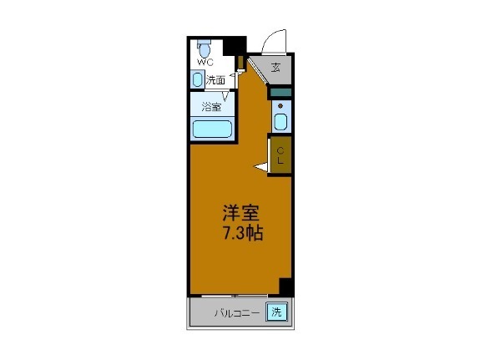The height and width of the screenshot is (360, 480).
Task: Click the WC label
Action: pos(204,62)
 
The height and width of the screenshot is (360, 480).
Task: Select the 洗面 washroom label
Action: pos(215,81)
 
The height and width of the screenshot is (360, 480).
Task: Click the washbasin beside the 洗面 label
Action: pos(197,80)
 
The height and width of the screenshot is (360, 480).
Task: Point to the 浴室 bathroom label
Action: pos(210,106)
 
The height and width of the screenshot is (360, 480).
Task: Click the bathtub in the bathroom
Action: pos(212,129)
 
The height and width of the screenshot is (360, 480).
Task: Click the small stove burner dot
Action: pos(280,106)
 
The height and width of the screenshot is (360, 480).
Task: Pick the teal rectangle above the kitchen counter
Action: pos(280,93)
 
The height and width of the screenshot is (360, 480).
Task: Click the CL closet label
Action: pos(280,155)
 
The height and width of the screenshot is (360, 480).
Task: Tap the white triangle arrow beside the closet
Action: pos(262,169)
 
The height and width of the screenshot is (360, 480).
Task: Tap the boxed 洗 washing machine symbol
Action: pos(275,313)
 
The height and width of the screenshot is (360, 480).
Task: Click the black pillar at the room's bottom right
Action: pos(285,286)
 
